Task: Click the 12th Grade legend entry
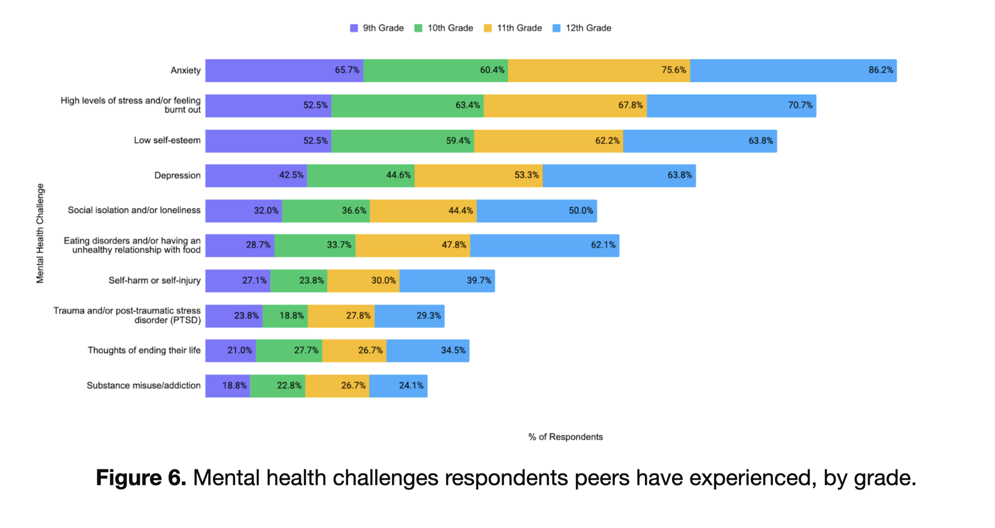[582, 28]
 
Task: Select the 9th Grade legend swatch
[354, 28]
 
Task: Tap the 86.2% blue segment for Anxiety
[793, 71]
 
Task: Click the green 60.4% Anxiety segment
[435, 71]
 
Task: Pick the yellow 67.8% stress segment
[565, 106]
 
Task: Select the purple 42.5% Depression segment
[256, 175]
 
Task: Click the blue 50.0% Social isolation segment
[536, 211]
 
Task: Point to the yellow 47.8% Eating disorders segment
[413, 245]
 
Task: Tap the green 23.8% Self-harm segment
[298, 281]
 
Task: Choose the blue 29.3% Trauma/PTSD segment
[409, 316]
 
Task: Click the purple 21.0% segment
[230, 351]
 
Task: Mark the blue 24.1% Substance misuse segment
[398, 386]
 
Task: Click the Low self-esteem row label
[167, 141]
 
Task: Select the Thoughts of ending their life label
[144, 351]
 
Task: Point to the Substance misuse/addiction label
[143, 386]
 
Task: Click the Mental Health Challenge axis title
[40, 233]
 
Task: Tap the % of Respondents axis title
[565, 437]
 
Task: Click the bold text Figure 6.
[141, 478]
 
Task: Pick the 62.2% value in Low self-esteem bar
[607, 141]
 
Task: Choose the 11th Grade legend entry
[513, 28]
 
